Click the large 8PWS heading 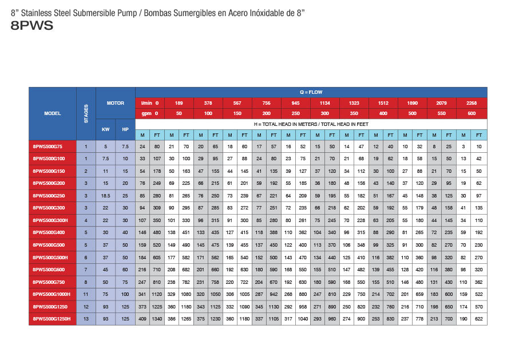[32, 25]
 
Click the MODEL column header [52, 113]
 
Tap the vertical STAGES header [86, 113]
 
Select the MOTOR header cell [116, 103]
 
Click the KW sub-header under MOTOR [105, 129]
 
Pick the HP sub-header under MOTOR [125, 129]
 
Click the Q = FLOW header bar [311, 92]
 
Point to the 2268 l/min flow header [472, 103]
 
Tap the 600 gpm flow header [472, 113]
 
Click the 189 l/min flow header [179, 103]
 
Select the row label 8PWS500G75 [52, 147]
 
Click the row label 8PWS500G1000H [52, 294]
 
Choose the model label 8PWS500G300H [52, 220]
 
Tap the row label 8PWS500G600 [52, 269]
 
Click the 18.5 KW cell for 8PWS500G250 [105, 196]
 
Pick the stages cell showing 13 [86, 318]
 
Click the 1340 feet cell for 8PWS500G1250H [157, 318]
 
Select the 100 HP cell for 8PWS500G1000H [125, 294]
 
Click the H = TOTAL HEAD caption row [311, 124]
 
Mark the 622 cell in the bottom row [480, 318]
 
